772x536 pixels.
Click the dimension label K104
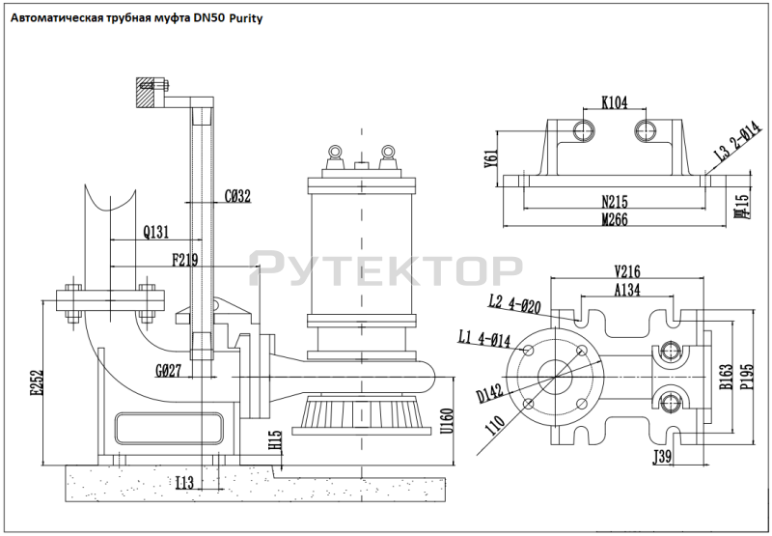[614, 100]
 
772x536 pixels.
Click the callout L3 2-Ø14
[731, 144]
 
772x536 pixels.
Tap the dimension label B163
[725, 376]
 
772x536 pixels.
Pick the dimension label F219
[187, 259]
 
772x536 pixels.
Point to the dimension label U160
[445, 421]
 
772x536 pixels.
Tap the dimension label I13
[187, 482]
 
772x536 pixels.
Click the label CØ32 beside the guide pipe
[237, 196]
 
